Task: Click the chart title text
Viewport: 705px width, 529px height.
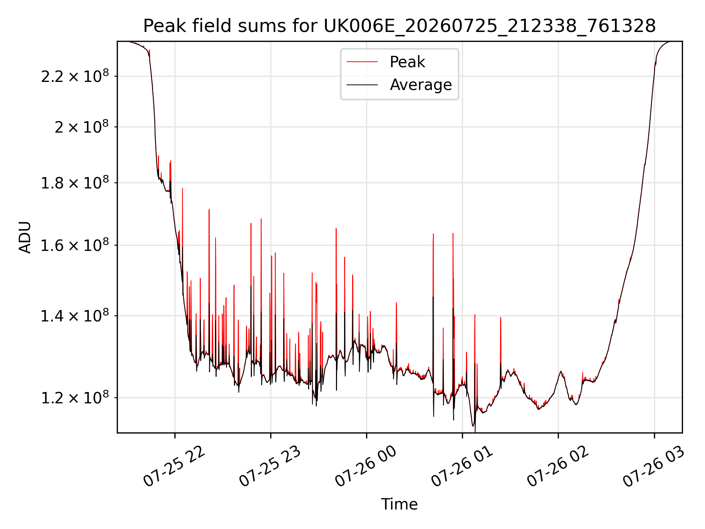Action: (399, 26)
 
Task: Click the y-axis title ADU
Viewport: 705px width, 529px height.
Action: (25, 237)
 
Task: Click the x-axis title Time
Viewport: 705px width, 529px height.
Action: (399, 504)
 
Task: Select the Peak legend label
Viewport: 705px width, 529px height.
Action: (407, 62)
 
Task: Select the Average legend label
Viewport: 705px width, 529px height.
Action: (421, 85)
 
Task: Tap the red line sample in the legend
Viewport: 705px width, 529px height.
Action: (362, 62)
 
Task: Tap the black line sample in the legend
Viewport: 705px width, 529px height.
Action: (362, 85)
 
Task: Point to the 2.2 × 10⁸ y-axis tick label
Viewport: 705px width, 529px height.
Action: (75, 76)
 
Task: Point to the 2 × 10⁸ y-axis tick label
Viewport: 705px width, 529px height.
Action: (82, 127)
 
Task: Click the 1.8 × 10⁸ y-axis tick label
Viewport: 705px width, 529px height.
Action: (75, 183)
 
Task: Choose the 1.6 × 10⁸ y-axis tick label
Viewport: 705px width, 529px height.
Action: (75, 245)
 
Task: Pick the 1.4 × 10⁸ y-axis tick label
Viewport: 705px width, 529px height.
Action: (75, 316)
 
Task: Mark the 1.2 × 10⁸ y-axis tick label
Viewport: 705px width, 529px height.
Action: (75, 397)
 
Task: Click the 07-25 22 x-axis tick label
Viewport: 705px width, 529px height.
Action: (174, 467)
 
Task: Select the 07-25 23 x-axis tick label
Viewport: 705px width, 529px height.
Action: (270, 467)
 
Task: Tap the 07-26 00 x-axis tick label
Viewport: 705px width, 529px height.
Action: (366, 467)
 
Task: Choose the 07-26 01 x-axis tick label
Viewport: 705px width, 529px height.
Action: (462, 467)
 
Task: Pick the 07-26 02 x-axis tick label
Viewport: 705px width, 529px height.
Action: (558, 467)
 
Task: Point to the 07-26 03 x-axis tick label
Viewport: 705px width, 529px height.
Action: (654, 467)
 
